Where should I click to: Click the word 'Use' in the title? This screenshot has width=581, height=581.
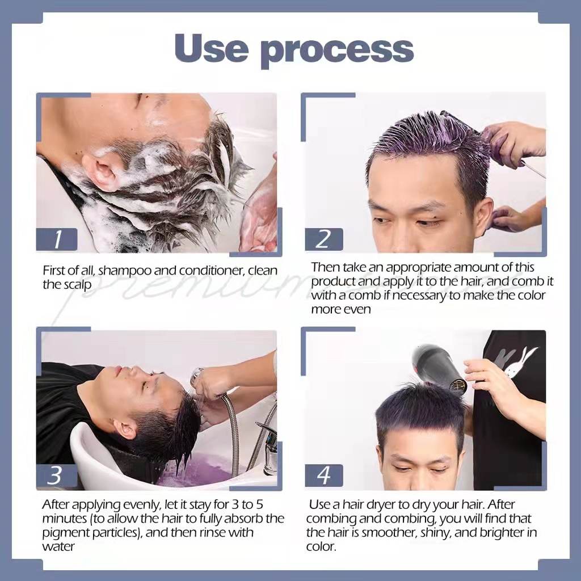tap(211, 48)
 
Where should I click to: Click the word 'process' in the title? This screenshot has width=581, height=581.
tap(337, 52)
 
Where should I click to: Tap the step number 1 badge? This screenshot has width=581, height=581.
tap(57, 239)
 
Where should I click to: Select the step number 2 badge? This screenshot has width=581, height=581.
tap(323, 239)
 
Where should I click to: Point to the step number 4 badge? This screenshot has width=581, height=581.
tap(323, 475)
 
